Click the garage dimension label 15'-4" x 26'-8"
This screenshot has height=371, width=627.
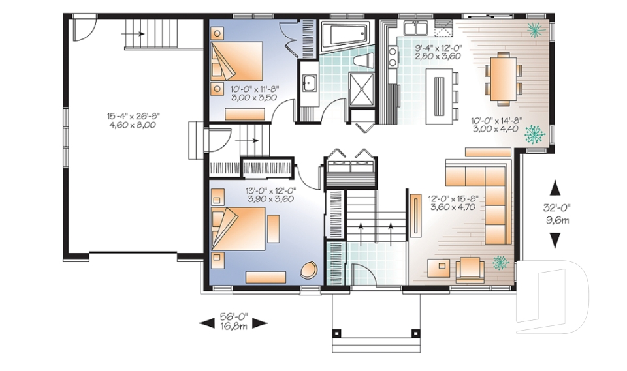point(133,116)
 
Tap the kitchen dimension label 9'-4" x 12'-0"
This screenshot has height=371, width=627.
point(438,48)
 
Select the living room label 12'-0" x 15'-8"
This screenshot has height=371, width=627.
point(454,198)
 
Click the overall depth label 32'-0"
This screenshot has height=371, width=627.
point(556,207)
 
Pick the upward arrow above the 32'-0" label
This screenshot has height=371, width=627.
point(555,188)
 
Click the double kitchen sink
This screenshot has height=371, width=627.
point(416,28)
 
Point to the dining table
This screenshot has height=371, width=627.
point(504,79)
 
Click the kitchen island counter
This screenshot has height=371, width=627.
point(440,96)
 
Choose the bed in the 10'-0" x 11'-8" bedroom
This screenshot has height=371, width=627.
point(236,61)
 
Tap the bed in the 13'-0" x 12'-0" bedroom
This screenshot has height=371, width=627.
point(238,228)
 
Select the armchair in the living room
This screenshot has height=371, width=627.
point(470,267)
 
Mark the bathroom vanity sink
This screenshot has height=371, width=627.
point(309,83)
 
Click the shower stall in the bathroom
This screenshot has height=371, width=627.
point(361,89)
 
